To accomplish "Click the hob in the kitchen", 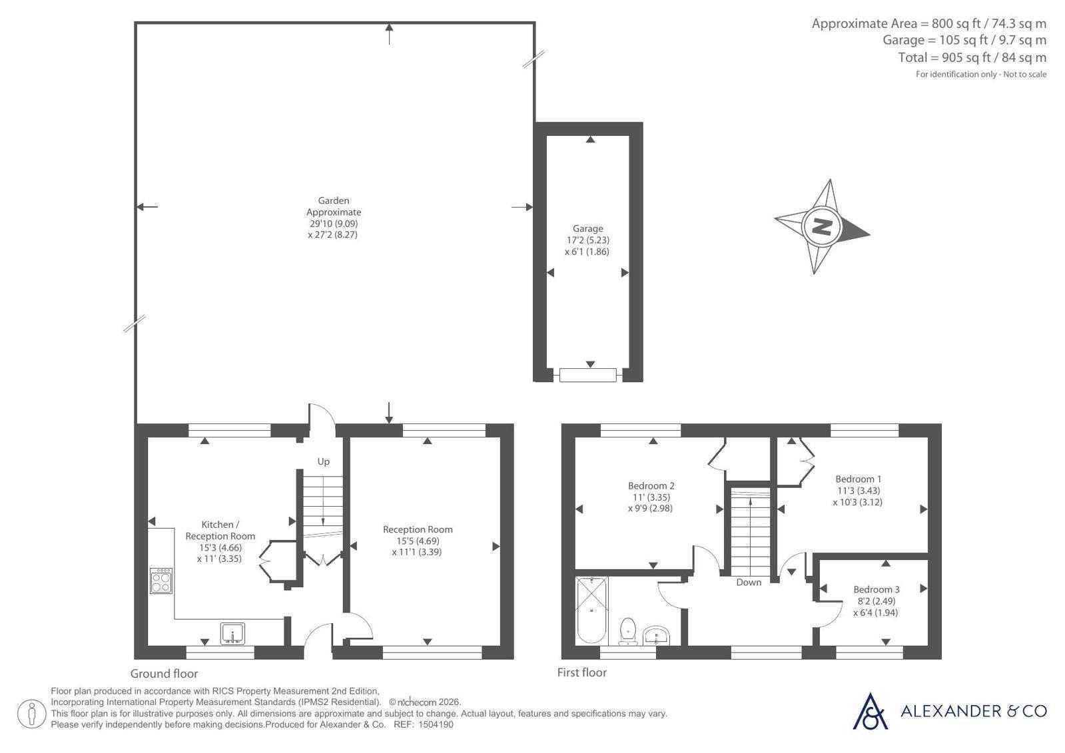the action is tap(161, 581).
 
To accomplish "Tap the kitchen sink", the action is tap(233, 633).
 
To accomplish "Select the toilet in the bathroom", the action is tap(628, 632).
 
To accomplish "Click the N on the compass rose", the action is tap(821, 226).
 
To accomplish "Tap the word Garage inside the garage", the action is tap(587, 228).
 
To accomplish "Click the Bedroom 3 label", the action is tap(877, 589).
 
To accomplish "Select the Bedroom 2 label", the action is tap(651, 486).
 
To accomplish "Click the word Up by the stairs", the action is tap(323, 461).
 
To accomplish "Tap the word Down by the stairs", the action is tap(749, 583).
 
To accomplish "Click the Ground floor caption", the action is tap(164, 674).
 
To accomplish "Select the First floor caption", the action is tap(582, 672).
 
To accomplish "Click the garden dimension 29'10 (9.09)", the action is tap(334, 224).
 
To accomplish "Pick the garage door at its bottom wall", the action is tap(587, 375).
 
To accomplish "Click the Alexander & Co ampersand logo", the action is tap(870, 712).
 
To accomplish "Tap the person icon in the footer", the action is tap(31, 714).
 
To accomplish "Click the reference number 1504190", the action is tap(436, 724).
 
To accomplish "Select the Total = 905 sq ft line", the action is tap(972, 57).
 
